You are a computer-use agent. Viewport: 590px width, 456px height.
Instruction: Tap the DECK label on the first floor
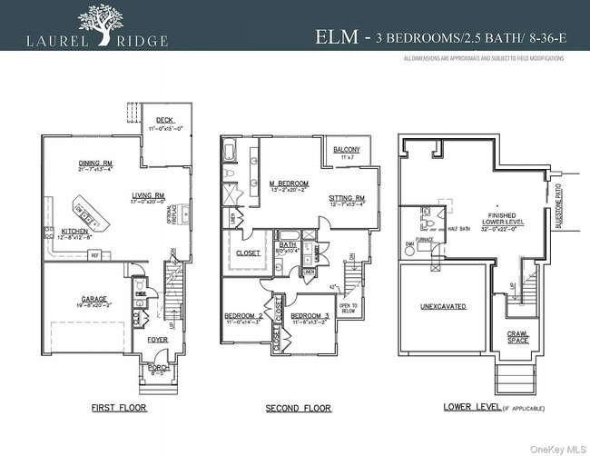coord(164,120)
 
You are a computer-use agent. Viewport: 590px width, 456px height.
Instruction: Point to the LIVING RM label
coord(147,195)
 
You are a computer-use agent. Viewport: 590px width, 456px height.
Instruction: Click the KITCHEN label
coord(74,231)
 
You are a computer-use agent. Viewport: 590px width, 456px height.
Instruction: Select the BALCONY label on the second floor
coord(347,149)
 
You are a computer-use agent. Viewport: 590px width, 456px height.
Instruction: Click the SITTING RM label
coord(346,198)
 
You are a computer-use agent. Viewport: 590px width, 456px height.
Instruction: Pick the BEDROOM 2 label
coord(242,316)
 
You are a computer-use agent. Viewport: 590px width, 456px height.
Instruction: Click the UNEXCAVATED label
coord(442,307)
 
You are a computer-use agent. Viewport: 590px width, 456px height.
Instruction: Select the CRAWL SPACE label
coord(516,339)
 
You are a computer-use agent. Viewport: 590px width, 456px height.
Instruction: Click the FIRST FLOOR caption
coord(119,409)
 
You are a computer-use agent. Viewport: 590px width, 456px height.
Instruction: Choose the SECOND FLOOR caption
coord(299,409)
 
